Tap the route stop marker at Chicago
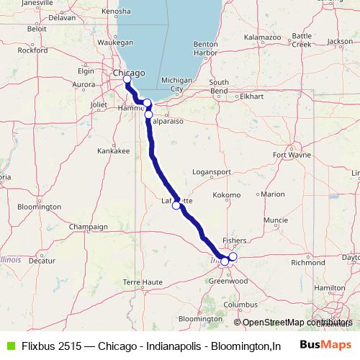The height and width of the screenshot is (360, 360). (127, 80)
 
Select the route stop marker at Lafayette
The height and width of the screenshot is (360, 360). (176, 205)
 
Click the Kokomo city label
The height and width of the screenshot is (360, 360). (228, 195)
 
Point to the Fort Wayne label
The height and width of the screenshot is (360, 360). (300, 155)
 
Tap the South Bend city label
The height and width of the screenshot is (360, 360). (218, 86)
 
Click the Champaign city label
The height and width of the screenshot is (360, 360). (88, 227)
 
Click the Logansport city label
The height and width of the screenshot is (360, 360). (213, 173)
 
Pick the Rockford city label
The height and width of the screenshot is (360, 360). (32, 50)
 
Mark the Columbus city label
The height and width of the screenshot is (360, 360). (240, 305)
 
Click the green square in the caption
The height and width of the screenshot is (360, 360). (7, 345)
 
